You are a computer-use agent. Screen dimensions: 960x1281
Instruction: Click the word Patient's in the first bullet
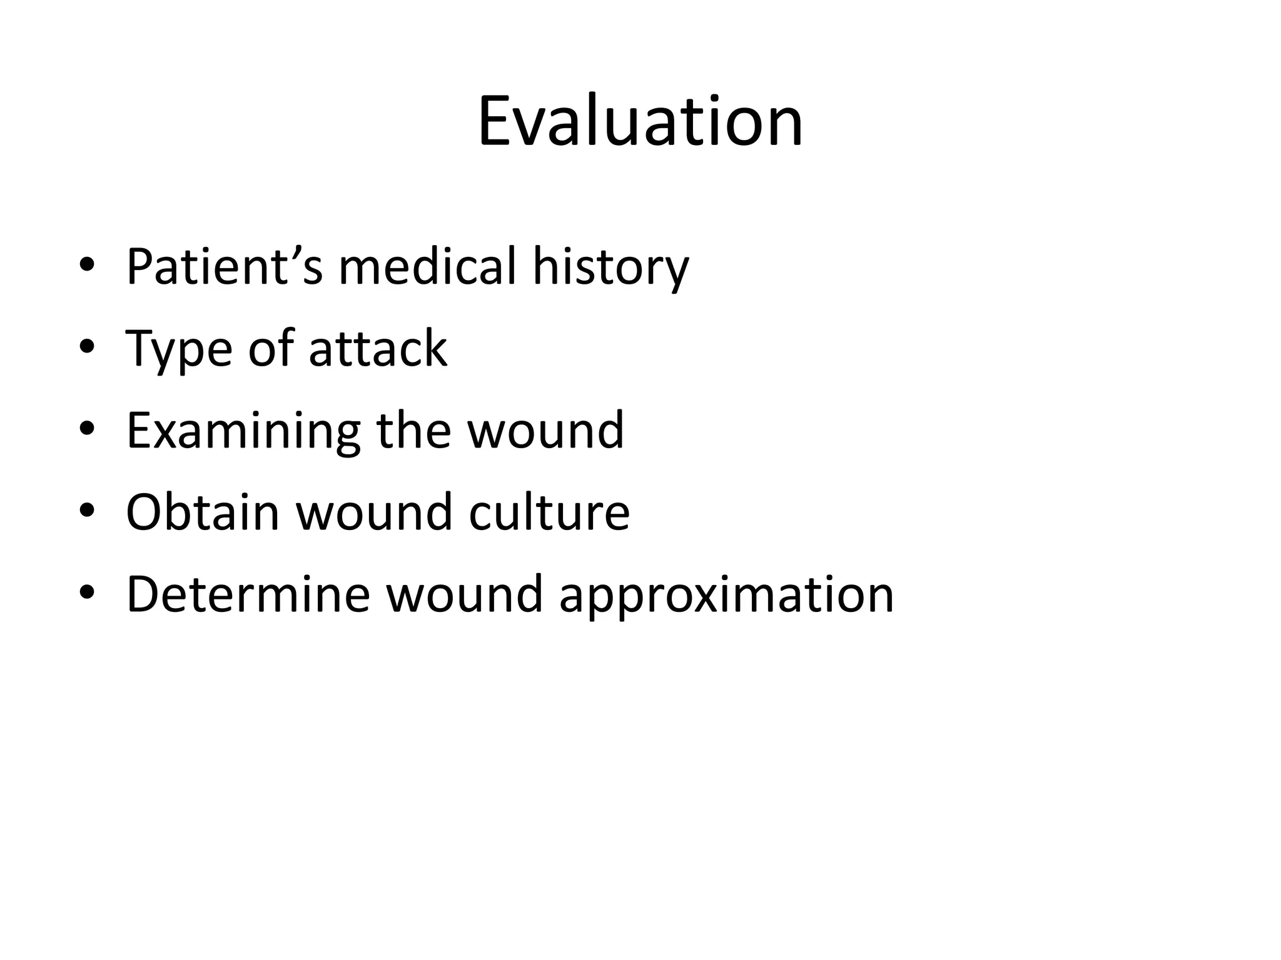click(x=224, y=267)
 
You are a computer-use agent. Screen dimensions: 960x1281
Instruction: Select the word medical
click(x=428, y=267)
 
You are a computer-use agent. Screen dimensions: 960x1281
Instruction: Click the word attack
click(x=378, y=349)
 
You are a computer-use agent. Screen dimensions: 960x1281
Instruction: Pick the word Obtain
click(x=202, y=512)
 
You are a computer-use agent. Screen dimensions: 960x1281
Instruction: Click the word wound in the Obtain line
click(x=373, y=512)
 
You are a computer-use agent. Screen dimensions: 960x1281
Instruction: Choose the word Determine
click(x=248, y=594)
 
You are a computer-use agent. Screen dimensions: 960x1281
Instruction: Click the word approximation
click(x=726, y=597)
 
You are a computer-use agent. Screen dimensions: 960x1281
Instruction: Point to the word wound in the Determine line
click(x=464, y=594)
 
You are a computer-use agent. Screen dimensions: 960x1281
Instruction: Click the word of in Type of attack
click(x=270, y=349)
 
